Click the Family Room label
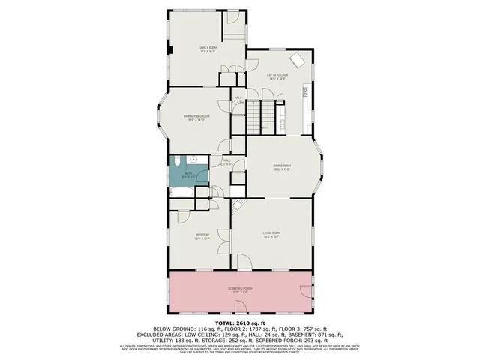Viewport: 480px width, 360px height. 207,49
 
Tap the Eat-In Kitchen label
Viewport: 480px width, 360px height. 277,75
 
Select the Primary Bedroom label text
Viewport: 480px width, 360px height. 199,117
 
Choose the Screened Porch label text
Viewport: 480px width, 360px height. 239,289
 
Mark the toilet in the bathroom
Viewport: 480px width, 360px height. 192,159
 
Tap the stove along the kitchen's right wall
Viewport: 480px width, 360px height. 305,92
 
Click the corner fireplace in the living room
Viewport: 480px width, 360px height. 238,205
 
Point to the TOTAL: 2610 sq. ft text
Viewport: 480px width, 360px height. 239,322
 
